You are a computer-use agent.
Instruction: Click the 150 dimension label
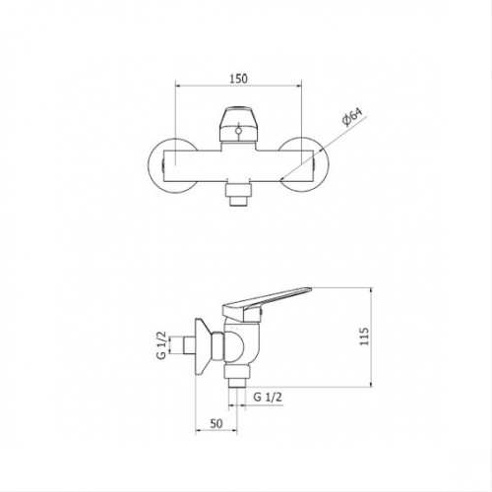[238, 79]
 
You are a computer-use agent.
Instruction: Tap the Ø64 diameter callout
[352, 117]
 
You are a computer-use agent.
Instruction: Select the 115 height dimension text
[364, 336]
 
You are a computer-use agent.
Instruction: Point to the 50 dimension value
[216, 423]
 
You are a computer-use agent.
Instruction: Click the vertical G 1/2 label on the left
[161, 345]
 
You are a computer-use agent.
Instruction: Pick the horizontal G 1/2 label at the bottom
[268, 398]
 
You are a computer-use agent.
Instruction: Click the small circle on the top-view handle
[239, 132]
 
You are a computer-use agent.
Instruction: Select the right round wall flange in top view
[302, 165]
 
